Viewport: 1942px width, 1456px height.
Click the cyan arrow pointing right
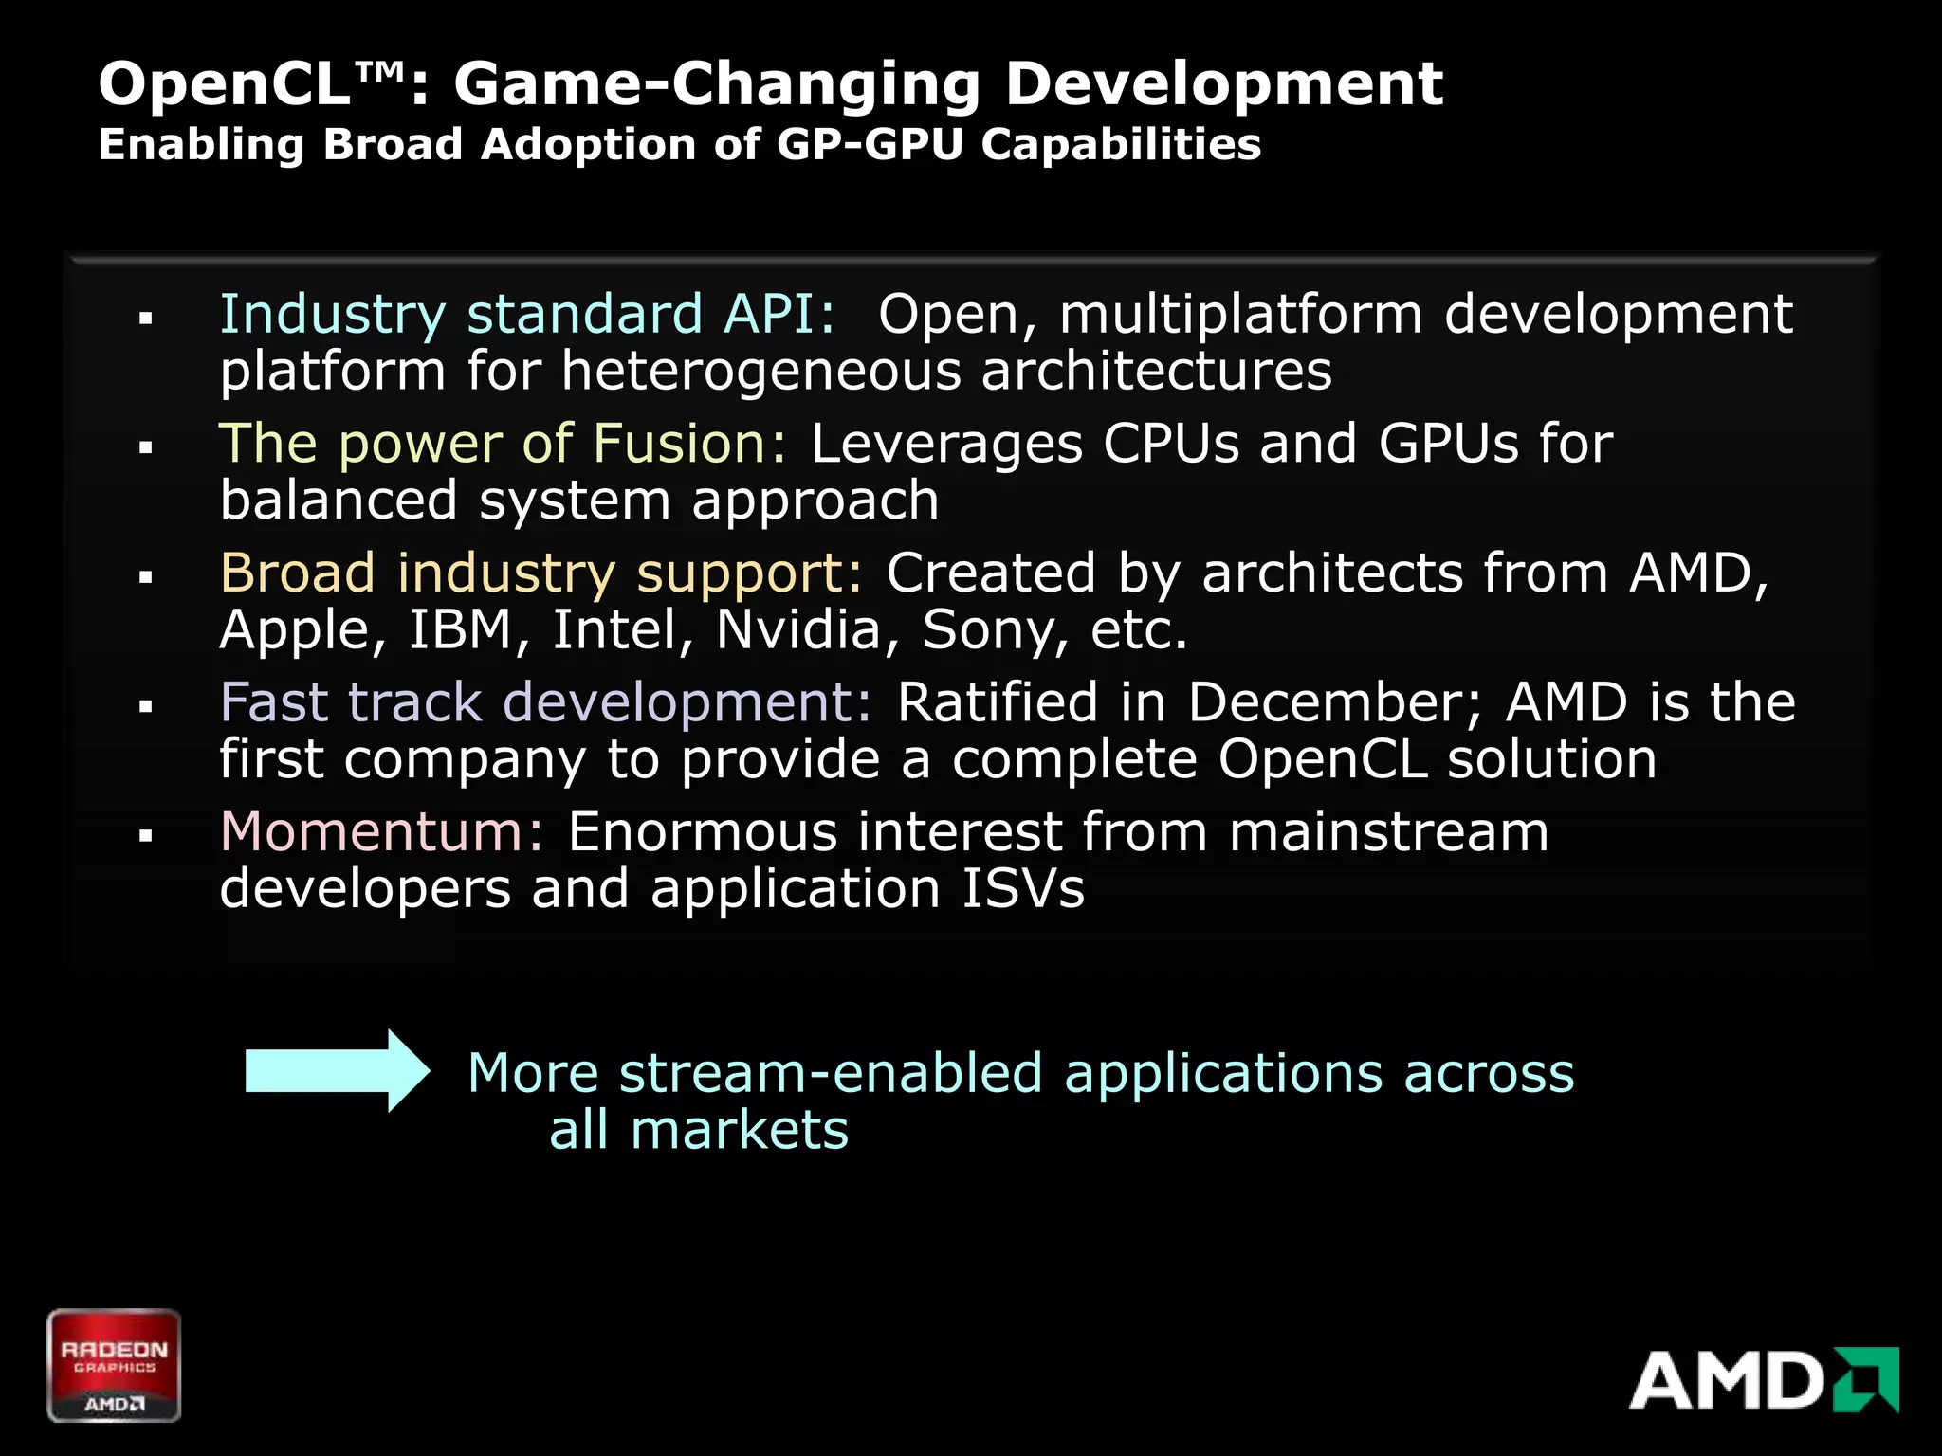click(337, 1071)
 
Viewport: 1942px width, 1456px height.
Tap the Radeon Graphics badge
click(114, 1365)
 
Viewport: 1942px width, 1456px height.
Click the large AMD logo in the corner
click(1764, 1380)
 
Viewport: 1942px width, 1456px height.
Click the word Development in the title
click(1223, 83)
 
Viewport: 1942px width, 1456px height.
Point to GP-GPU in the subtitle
click(870, 145)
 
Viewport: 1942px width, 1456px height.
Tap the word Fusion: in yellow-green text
click(689, 444)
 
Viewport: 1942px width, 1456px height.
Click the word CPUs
click(1170, 444)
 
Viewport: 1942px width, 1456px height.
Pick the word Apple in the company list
click(302, 629)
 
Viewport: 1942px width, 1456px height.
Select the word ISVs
click(1022, 889)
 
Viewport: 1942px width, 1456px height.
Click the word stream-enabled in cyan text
click(831, 1074)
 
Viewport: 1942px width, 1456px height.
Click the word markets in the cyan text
click(740, 1131)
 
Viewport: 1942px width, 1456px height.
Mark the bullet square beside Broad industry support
click(146, 576)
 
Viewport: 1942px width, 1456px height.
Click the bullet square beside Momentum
click(146, 835)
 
